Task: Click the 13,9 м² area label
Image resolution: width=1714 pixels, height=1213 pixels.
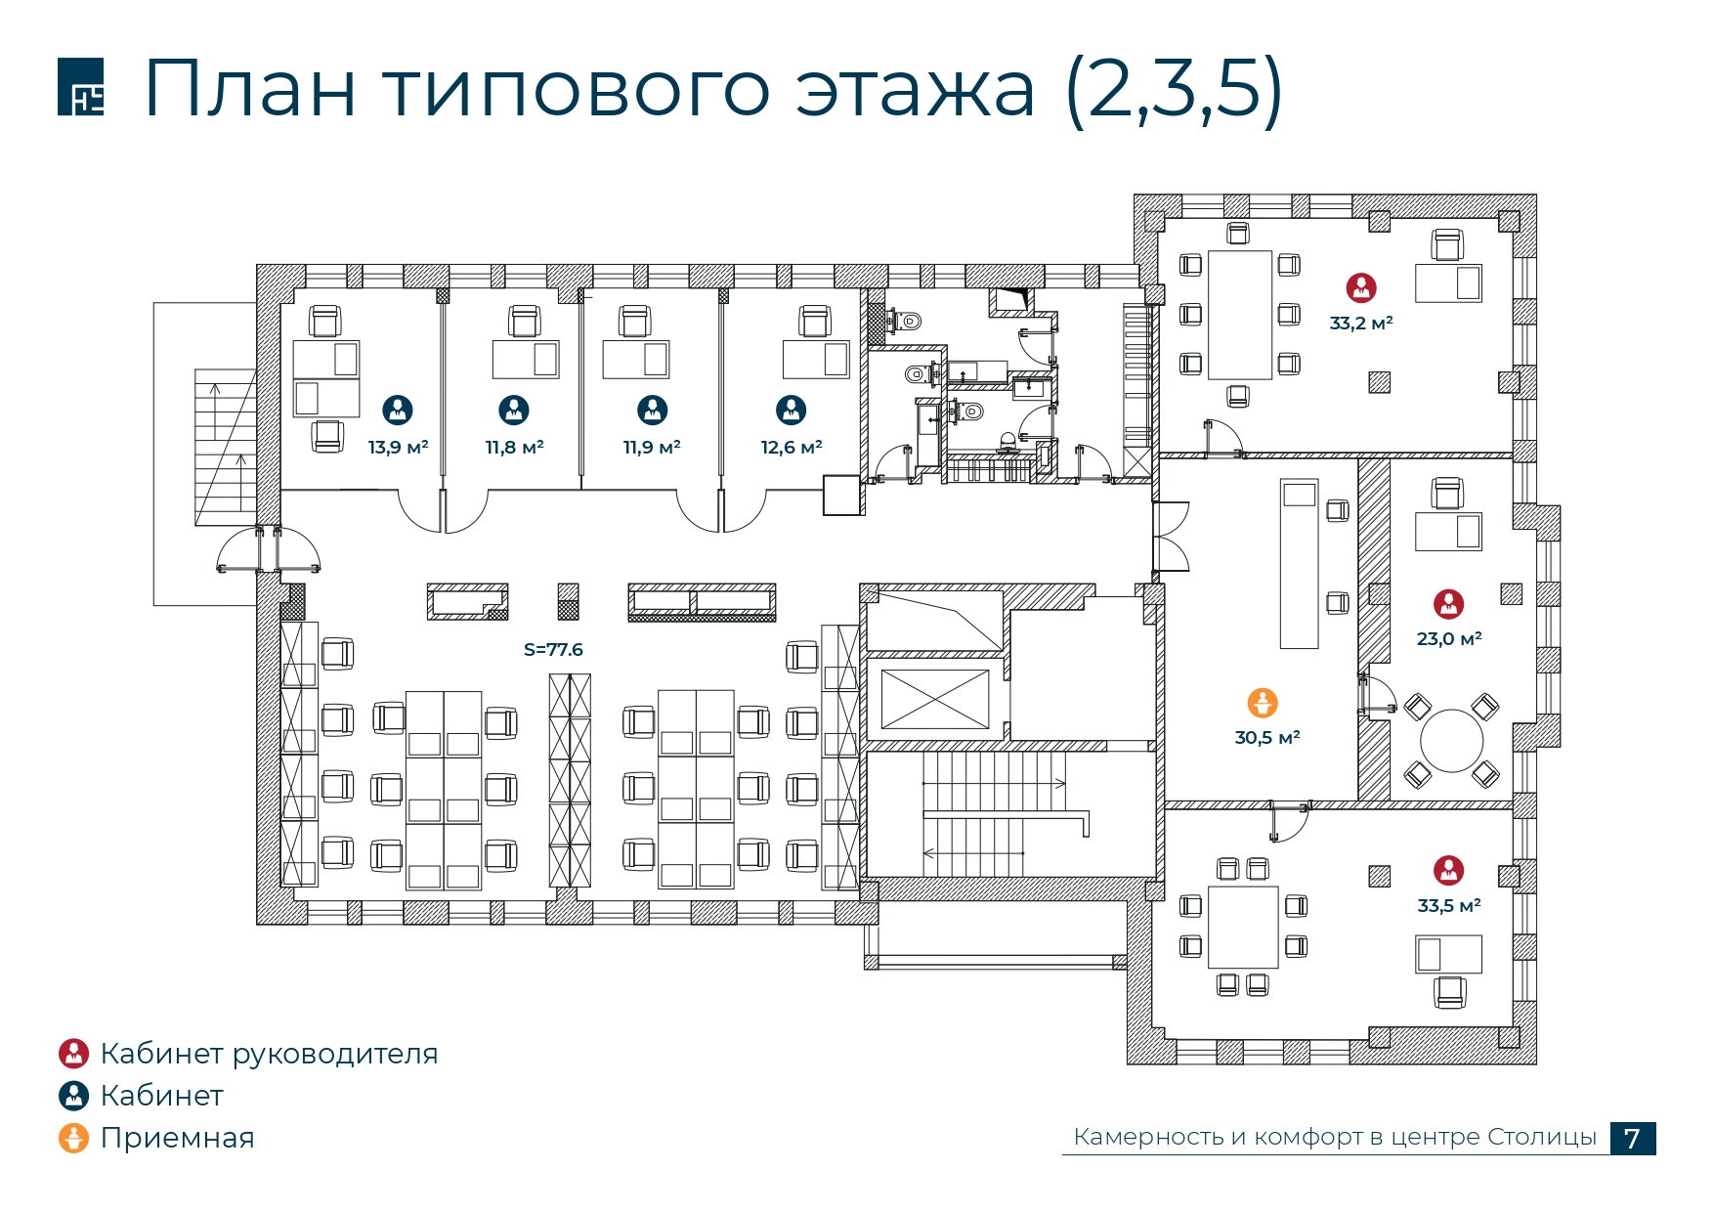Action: [398, 448]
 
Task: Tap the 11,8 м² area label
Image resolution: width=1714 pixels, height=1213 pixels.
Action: [514, 448]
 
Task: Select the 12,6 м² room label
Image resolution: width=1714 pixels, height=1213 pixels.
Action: [792, 448]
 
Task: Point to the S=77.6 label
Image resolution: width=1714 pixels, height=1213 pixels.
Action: [553, 650]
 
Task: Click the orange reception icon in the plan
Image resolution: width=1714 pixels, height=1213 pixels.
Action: [1263, 703]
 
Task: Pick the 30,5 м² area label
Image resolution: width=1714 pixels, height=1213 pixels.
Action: [1267, 738]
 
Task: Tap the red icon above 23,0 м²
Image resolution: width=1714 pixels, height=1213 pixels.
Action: [1448, 604]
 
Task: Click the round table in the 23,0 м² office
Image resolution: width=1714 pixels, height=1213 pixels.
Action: [1452, 741]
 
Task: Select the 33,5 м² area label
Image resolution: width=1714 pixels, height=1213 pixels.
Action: [1449, 906]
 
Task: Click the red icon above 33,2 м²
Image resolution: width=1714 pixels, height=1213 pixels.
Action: [1361, 287]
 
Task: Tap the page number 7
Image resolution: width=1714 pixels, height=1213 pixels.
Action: [1632, 1139]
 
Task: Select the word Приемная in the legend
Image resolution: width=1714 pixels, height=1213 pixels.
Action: [177, 1138]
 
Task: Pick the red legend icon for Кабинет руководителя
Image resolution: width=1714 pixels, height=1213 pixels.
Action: [73, 1054]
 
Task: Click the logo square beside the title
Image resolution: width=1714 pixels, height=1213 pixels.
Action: [80, 87]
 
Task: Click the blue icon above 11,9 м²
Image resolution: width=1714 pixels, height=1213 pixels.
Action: [652, 410]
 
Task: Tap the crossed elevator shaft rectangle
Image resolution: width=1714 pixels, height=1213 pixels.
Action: [935, 699]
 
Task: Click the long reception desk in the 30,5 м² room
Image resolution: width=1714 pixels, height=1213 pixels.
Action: [1300, 564]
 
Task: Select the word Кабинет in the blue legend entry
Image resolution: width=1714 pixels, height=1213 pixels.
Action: [161, 1096]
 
